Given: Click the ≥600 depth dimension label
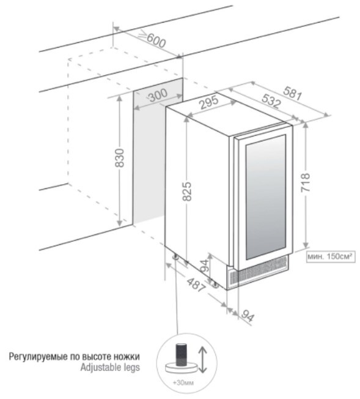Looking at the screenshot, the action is [x=153, y=39].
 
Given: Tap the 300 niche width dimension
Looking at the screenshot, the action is [x=158, y=95].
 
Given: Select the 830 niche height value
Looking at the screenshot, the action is [x=120, y=158].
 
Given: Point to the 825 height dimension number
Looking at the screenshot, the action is [x=187, y=191].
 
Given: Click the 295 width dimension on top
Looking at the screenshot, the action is [x=208, y=102].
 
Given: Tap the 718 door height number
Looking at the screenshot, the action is [x=306, y=182].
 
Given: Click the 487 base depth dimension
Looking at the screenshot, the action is [x=196, y=285].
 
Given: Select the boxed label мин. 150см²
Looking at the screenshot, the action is [x=331, y=256].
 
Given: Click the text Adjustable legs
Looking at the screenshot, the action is [x=110, y=367].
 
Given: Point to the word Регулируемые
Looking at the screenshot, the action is [x=39, y=357].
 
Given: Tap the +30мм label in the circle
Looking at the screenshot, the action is [x=183, y=382].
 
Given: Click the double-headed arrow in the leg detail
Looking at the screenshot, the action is [x=202, y=359].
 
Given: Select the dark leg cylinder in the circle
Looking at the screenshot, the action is [x=182, y=354].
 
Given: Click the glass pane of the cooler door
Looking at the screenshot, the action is [x=266, y=197].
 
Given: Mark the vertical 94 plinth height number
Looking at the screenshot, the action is [x=205, y=266].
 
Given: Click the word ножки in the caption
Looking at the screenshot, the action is [x=127, y=357].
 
